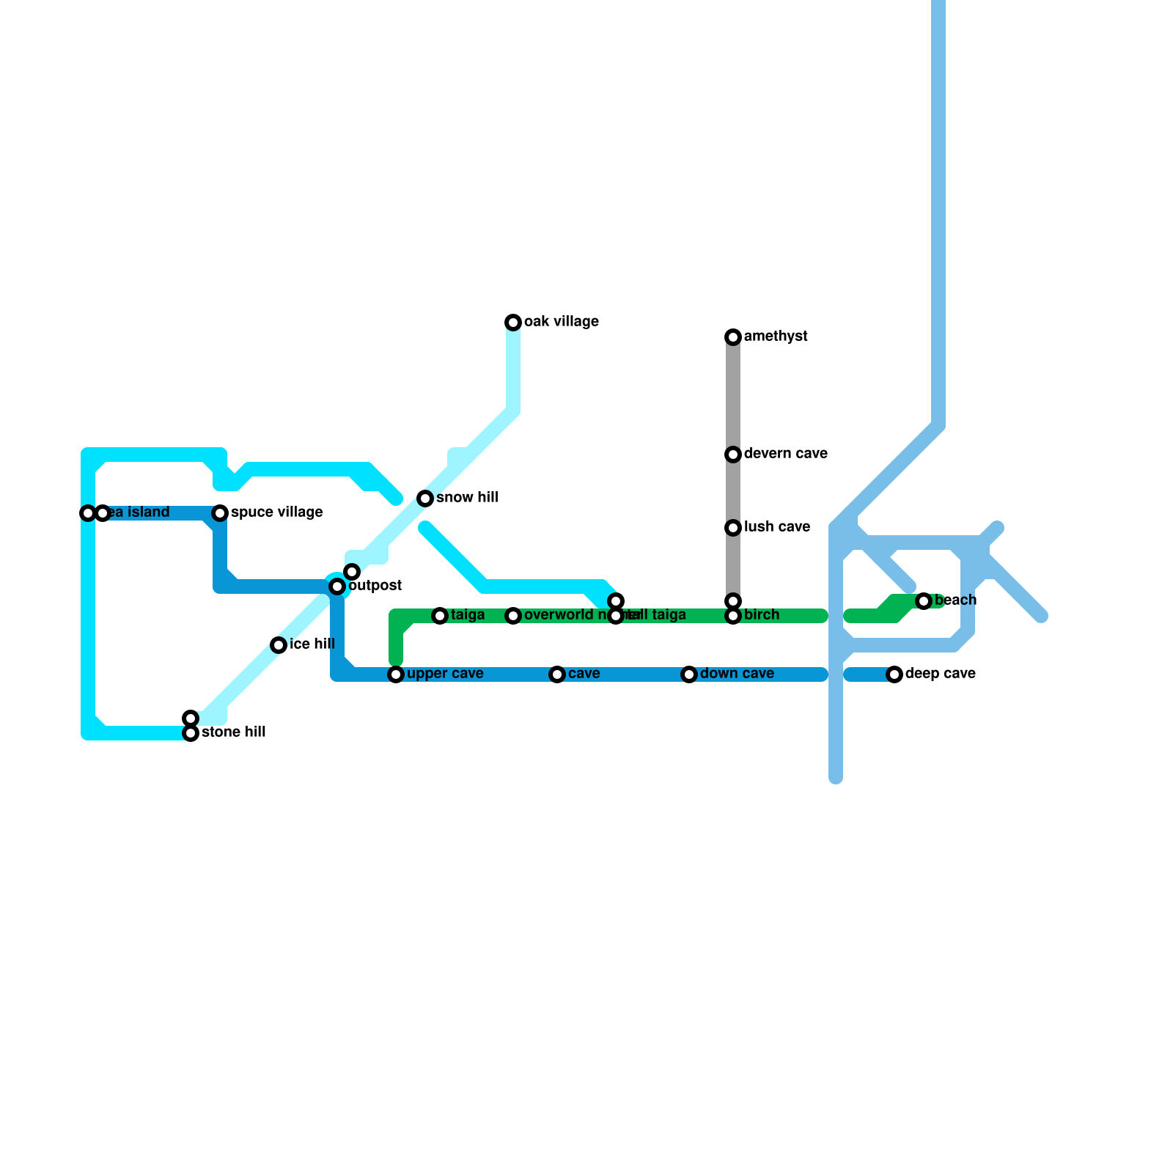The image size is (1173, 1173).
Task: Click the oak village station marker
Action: (513, 323)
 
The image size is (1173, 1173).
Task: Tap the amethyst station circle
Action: (733, 337)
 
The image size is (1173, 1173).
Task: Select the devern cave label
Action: (785, 454)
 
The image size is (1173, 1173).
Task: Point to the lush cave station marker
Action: (733, 528)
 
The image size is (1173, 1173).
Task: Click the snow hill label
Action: (467, 498)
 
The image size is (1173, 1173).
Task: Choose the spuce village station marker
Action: (220, 513)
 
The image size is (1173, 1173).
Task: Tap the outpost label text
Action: (375, 586)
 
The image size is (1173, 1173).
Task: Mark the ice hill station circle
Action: (279, 645)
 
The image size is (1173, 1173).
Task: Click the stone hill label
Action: (233, 732)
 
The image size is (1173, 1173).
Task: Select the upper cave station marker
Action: (396, 674)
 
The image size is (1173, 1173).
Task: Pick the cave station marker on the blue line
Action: (557, 674)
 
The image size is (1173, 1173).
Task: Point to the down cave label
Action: (737, 674)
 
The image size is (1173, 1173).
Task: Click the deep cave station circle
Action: (894, 674)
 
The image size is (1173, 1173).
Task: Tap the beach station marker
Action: (924, 601)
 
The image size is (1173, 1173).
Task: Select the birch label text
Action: (761, 615)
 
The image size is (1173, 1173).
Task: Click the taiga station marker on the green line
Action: (440, 616)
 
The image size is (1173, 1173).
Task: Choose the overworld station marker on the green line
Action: (513, 616)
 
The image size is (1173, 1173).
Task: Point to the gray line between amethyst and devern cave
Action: (733, 396)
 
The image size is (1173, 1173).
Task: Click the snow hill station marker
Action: (425, 499)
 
